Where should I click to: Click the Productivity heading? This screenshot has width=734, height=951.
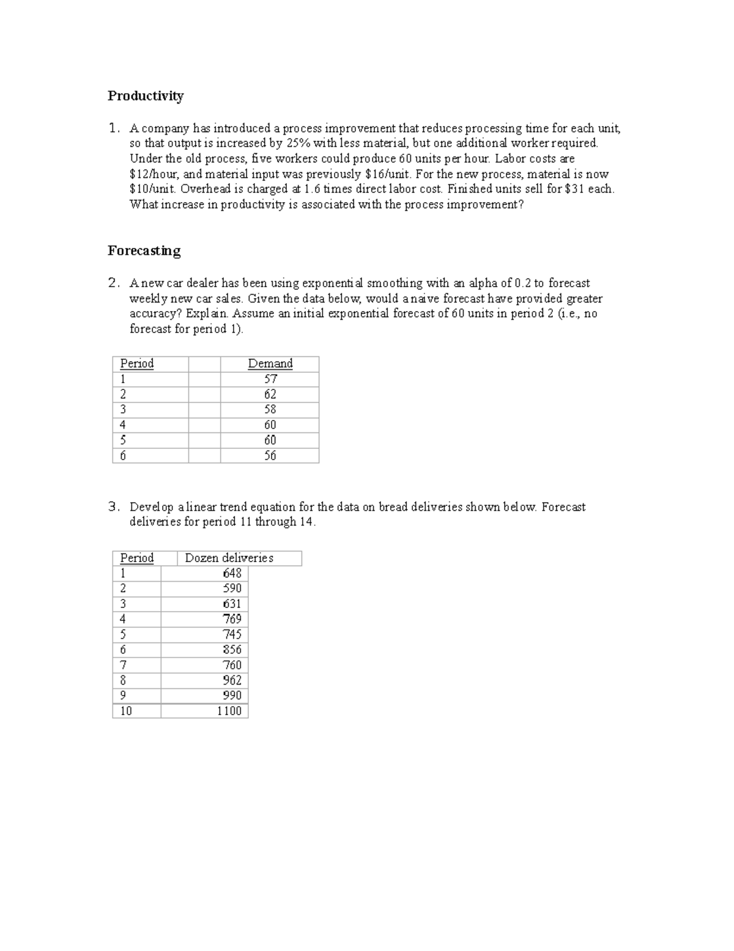coord(146,96)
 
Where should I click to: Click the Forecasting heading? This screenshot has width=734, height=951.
coord(144,251)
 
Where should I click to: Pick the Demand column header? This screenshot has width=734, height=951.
coord(270,364)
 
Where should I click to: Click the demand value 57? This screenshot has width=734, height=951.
coord(270,379)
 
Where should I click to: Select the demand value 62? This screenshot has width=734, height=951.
coord(270,394)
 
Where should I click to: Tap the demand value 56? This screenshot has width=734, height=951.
coord(270,456)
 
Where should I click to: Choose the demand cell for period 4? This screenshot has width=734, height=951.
coord(270,425)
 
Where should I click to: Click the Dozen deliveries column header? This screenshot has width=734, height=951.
coord(229,558)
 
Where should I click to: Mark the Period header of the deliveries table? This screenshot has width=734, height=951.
coord(137,558)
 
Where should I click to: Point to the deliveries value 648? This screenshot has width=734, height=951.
coord(232,573)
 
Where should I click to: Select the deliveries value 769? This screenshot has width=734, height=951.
coord(232,619)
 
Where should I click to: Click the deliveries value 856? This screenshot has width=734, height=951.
coord(232,650)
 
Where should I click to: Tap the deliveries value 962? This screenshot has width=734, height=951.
coord(232,680)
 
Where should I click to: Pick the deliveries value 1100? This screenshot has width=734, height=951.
coord(229,711)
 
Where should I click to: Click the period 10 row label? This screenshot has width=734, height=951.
coord(126,711)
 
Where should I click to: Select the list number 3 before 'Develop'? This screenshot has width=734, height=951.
coord(113,507)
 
